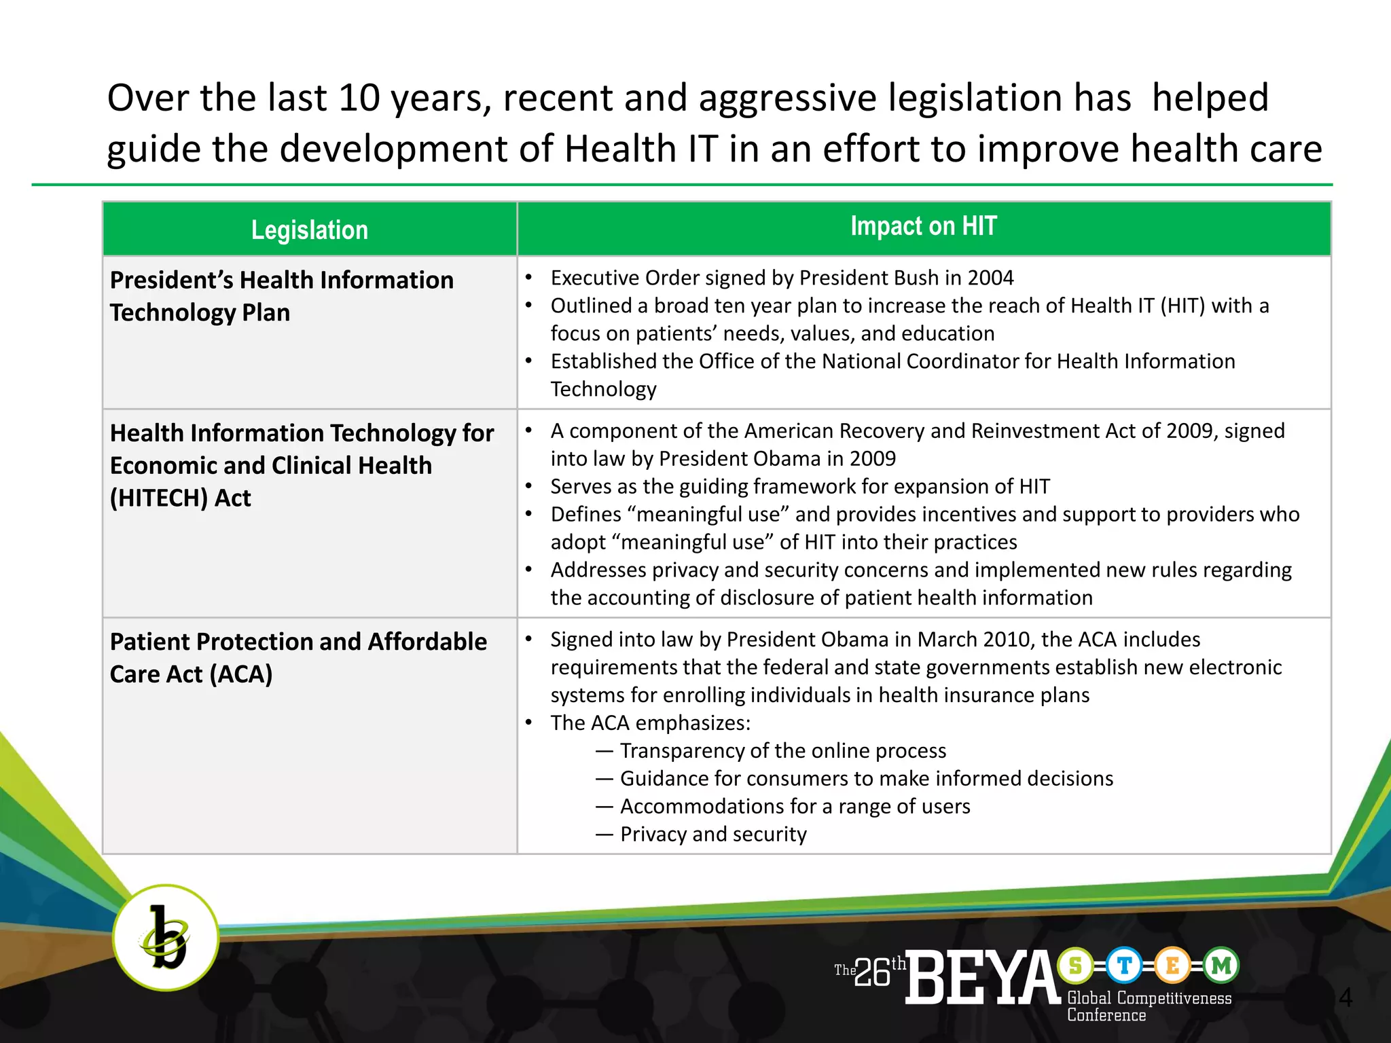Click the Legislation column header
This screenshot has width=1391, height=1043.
(x=310, y=230)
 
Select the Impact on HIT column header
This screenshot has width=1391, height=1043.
(x=923, y=226)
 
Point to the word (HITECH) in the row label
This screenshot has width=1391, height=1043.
(x=158, y=498)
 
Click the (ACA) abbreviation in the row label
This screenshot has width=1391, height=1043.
(x=241, y=674)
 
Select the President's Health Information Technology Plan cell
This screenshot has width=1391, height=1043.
(x=281, y=296)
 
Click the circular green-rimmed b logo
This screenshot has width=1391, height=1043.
(x=165, y=938)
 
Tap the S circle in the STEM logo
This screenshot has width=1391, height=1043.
(x=1075, y=965)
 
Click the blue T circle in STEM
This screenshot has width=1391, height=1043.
(x=1124, y=965)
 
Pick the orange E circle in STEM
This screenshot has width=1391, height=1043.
(x=1172, y=965)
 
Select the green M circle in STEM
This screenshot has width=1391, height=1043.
(x=1221, y=965)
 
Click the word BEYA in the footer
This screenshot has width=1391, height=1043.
(x=982, y=977)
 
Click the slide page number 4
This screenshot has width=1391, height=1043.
(x=1345, y=998)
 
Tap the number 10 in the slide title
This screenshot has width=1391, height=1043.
(x=359, y=98)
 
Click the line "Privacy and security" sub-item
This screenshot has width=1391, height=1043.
(x=713, y=834)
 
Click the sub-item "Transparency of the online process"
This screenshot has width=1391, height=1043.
(x=782, y=750)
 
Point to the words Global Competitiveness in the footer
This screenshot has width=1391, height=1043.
(x=1149, y=998)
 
